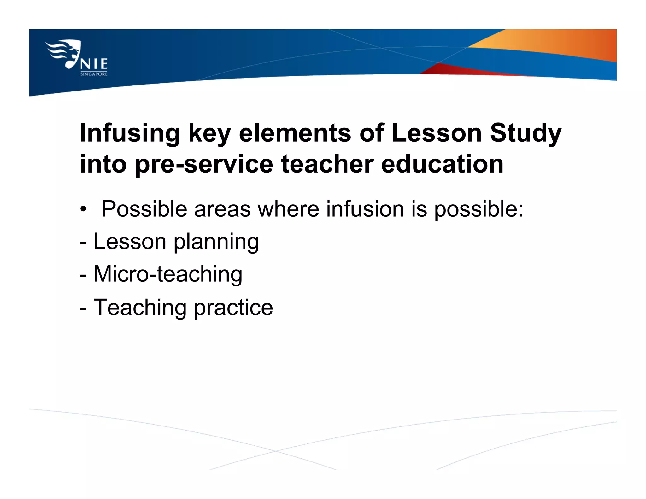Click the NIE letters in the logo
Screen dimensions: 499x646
coord(94,64)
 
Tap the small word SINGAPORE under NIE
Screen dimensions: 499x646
coord(94,74)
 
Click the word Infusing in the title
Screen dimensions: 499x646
coord(130,133)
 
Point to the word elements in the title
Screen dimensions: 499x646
coord(295,133)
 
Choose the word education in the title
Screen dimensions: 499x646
coord(442,164)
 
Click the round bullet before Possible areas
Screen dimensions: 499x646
coord(83,209)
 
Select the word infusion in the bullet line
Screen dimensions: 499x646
coord(365,209)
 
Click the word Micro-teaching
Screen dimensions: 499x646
coord(168,274)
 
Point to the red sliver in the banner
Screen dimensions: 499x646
coord(457,70)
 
